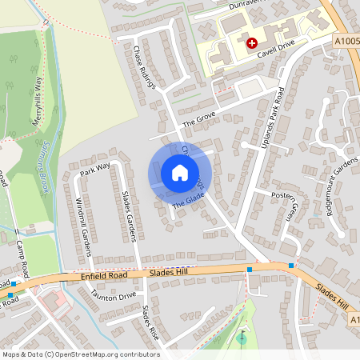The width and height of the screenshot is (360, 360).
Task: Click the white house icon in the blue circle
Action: click(x=180, y=172)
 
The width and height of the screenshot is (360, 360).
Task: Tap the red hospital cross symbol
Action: click(x=252, y=42)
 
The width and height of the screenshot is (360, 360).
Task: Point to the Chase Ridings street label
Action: click(x=144, y=66)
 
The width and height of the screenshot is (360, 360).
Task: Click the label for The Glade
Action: click(x=189, y=203)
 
